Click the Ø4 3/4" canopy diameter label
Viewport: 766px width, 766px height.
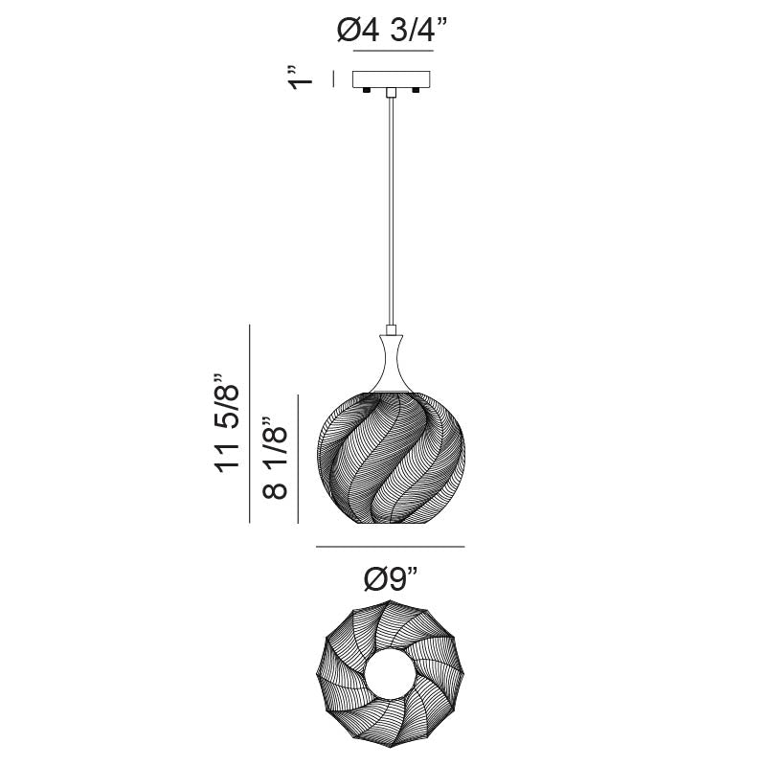coord(392,31)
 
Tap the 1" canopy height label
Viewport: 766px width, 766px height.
coord(300,78)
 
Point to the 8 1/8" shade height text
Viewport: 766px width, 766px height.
coord(275,458)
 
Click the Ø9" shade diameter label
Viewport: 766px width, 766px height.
coord(391,579)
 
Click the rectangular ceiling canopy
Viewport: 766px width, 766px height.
coord(392,79)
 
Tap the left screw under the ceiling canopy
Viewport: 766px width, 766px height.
coord(366,90)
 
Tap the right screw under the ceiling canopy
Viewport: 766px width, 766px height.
coord(417,90)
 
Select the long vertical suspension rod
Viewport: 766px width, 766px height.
coord(391,211)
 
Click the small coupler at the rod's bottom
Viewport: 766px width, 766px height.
coord(391,329)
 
